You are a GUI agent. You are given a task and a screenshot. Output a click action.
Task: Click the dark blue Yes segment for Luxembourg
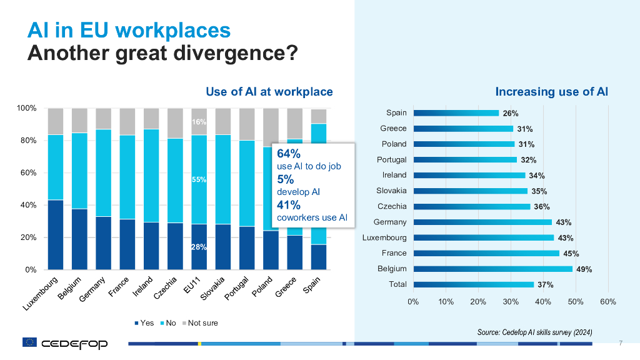56,234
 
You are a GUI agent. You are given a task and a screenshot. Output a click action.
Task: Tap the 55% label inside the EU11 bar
199,180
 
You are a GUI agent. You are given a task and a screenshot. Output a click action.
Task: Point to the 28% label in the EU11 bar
199,247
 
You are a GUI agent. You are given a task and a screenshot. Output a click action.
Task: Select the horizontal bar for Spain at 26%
456,113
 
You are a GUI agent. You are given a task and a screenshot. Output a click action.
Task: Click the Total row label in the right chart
397,284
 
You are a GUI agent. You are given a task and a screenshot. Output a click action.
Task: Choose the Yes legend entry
144,323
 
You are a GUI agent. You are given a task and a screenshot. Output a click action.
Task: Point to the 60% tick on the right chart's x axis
607,302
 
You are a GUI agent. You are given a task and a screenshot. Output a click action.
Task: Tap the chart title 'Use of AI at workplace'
269,92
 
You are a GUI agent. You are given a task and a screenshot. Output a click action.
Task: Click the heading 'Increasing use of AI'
551,92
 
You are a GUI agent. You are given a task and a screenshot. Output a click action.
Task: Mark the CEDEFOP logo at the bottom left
65,343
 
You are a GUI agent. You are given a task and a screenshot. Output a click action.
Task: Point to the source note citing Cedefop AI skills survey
534,331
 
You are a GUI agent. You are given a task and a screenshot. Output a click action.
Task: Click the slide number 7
620,342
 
